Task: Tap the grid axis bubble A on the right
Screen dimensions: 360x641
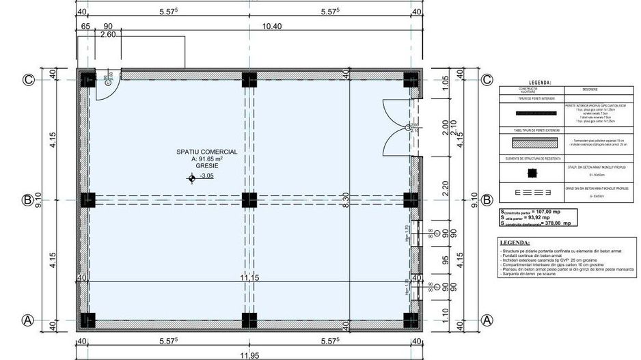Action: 487,320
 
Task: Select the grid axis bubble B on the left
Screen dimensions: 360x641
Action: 28,200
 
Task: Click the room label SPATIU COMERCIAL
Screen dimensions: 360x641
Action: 206,152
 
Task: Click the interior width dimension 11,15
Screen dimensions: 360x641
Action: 249,278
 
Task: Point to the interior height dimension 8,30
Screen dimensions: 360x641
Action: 346,199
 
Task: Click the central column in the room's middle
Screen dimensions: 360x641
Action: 249,199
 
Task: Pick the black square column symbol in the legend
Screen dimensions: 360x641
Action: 532,172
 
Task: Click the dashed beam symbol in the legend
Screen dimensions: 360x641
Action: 532,192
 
